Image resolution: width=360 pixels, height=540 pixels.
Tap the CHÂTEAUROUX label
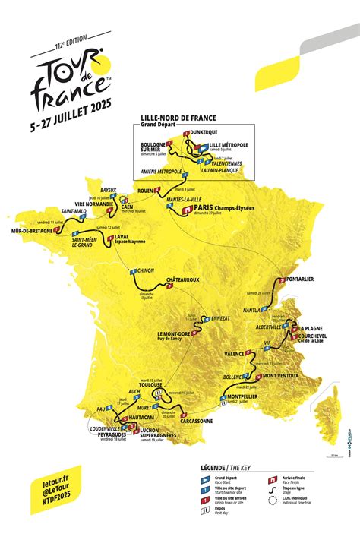click(183, 279)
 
